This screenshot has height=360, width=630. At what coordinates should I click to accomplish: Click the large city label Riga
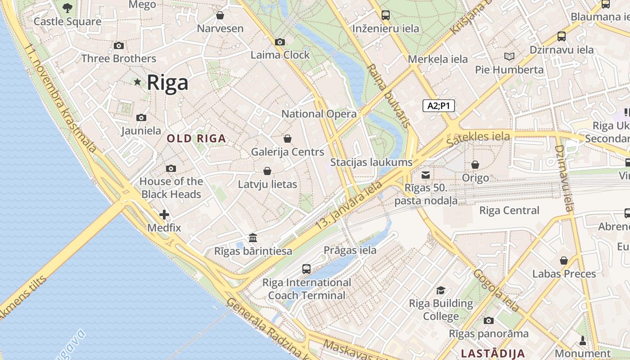pyautogui.click(x=167, y=83)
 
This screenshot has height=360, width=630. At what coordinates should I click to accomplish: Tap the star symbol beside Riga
pyautogui.click(x=137, y=82)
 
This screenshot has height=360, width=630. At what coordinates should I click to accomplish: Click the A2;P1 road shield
pyautogui.click(x=439, y=106)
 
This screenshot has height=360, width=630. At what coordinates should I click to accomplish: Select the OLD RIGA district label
pyautogui.click(x=196, y=139)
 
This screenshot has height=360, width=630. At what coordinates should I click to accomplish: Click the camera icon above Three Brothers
pyautogui.click(x=119, y=46)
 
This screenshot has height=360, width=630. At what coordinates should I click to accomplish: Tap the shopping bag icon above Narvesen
pyautogui.click(x=220, y=16)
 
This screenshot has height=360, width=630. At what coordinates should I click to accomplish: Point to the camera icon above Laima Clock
pyautogui.click(x=279, y=42)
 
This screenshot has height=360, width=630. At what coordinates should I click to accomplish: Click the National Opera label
pyautogui.click(x=319, y=114)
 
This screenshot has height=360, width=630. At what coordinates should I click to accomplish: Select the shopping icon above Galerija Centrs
pyautogui.click(x=288, y=139)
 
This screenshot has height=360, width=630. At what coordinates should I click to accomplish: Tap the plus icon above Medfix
pyautogui.click(x=164, y=215)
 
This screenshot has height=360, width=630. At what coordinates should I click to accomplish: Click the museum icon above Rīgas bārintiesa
pyautogui.click(x=253, y=238)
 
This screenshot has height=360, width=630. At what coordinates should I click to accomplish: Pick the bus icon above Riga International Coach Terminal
pyautogui.click(x=306, y=269)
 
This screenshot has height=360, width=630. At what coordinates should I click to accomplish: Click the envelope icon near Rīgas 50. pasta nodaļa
pyautogui.click(x=426, y=175)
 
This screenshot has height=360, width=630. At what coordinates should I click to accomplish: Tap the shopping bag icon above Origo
pyautogui.click(x=475, y=165)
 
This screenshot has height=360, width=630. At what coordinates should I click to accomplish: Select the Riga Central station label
pyautogui.click(x=509, y=211)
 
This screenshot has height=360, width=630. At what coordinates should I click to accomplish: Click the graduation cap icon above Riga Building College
pyautogui.click(x=441, y=290)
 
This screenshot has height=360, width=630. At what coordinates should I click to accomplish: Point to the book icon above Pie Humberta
pyautogui.click(x=509, y=57)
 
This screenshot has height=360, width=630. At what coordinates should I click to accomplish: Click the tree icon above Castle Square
pyautogui.click(x=67, y=8)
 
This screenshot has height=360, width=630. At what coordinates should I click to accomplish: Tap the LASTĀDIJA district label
pyautogui.click(x=493, y=353)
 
